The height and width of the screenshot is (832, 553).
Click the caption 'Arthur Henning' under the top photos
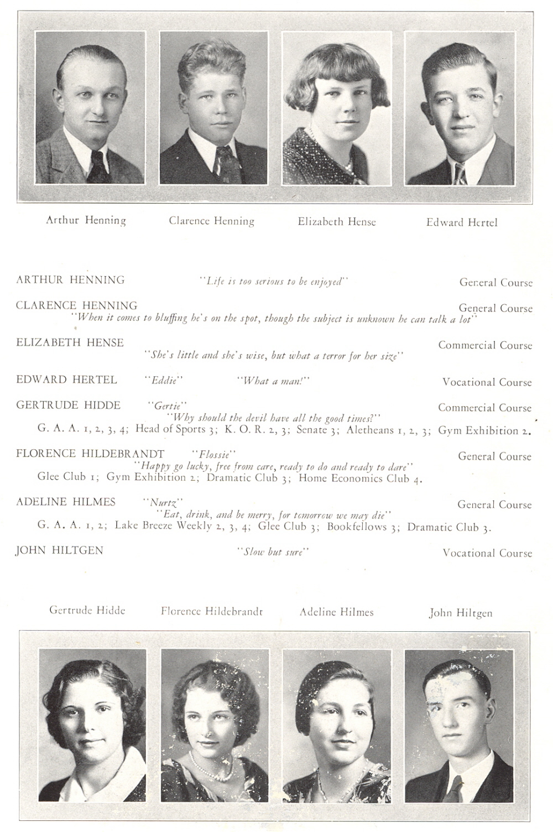tap(86, 220)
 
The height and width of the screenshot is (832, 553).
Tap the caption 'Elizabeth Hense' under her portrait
tap(336, 222)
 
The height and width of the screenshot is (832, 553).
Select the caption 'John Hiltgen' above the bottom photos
tap(460, 613)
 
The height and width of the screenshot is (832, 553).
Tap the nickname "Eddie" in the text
tap(164, 381)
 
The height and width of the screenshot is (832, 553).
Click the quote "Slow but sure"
tap(273, 552)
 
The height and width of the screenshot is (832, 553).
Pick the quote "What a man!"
tap(273, 381)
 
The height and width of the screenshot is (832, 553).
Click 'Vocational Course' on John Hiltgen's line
tap(487, 553)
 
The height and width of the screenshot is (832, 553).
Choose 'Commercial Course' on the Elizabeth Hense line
tap(485, 345)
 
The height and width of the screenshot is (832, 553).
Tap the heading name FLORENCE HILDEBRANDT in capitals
tap(90, 454)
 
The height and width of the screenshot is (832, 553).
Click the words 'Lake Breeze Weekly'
tap(163, 526)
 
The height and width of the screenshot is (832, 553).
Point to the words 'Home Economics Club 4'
tap(360, 479)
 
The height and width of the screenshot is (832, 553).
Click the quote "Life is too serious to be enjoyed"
tap(274, 282)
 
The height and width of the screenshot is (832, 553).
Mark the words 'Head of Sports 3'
tap(178, 429)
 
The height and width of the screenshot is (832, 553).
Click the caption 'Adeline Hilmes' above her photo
tap(336, 612)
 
